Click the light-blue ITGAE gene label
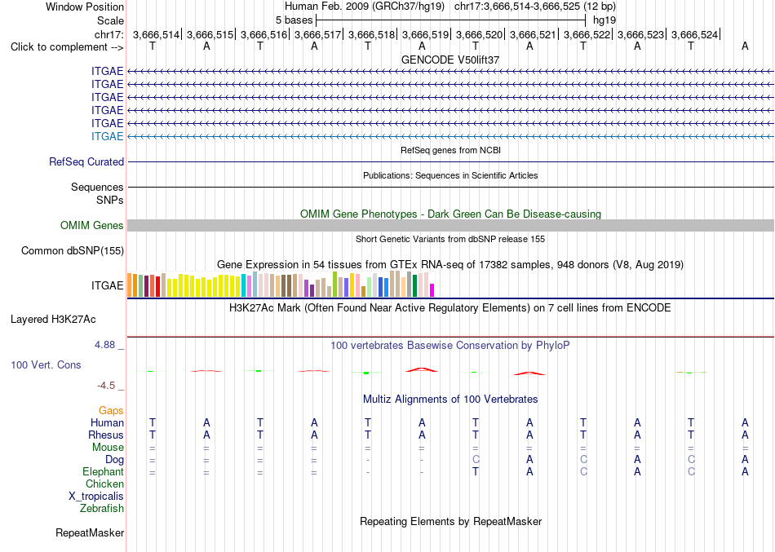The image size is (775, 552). (107, 136)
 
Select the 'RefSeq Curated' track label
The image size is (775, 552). (86, 162)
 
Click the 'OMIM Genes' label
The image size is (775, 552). (92, 225)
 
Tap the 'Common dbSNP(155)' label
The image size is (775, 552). (73, 250)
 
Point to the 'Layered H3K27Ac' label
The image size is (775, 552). (53, 320)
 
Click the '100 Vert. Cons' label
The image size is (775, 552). (46, 364)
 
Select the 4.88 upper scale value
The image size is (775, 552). (104, 344)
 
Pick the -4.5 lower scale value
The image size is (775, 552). (106, 386)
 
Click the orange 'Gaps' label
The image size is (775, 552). (111, 411)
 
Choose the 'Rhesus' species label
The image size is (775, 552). (106, 435)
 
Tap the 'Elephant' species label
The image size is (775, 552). (104, 471)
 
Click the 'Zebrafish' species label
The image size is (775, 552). (102, 508)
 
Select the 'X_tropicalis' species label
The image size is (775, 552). (96, 497)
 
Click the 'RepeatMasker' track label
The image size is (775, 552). (90, 532)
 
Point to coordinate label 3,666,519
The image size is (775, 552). (426, 34)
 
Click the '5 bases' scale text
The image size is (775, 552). (294, 20)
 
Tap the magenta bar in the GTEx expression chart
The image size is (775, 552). (432, 290)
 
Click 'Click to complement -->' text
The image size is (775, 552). (67, 47)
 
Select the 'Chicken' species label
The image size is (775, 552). (104, 484)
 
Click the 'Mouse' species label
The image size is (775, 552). (108, 448)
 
